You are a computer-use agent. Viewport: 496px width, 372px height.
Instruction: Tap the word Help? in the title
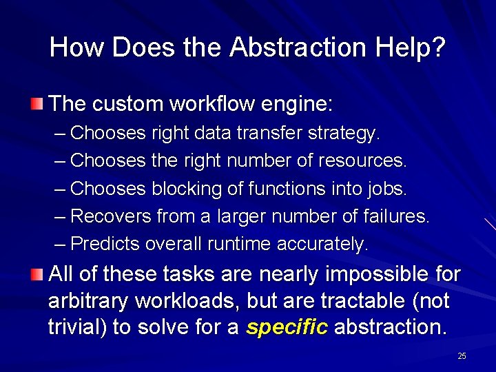411,48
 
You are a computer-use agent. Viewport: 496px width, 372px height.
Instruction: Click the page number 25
462,356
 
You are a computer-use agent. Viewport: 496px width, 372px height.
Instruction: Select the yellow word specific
286,327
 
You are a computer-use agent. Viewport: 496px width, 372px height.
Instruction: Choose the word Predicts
105,244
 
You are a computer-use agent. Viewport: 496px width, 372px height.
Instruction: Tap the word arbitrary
86,301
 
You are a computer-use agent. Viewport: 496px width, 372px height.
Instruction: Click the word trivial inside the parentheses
75,327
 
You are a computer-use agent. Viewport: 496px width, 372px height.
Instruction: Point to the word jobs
389,188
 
